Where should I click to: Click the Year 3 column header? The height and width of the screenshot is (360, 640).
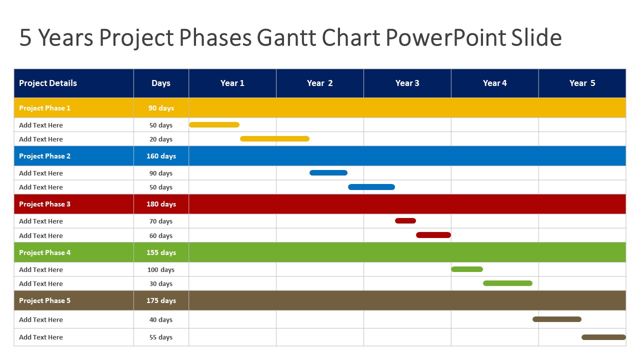[x=407, y=83]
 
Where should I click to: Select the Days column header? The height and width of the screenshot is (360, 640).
[x=160, y=83]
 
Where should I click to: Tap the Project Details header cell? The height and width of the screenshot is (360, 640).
[x=48, y=83]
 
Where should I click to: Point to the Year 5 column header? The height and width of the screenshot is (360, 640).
[x=582, y=83]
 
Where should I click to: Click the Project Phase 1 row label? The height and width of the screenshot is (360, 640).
[x=44, y=108]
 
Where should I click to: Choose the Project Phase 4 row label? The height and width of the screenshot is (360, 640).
[x=44, y=252]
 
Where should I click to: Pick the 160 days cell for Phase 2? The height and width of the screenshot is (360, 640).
[x=161, y=156]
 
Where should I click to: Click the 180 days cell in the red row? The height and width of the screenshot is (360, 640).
[x=161, y=204]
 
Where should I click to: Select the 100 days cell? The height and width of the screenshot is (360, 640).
[x=161, y=269]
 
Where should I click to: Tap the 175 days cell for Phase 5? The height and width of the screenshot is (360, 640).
[x=161, y=300]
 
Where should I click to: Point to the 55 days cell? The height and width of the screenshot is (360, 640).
[x=161, y=337]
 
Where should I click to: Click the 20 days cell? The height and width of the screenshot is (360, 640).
[x=161, y=139]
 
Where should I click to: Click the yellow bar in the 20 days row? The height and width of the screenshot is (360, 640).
[x=274, y=139]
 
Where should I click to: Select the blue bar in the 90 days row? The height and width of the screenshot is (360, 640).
[x=328, y=173]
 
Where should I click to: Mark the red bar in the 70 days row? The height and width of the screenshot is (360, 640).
[x=405, y=220]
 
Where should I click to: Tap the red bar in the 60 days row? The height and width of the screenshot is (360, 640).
[x=433, y=235]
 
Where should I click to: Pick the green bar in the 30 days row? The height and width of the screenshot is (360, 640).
[x=507, y=283]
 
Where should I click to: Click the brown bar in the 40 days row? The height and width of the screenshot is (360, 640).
[x=556, y=319]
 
